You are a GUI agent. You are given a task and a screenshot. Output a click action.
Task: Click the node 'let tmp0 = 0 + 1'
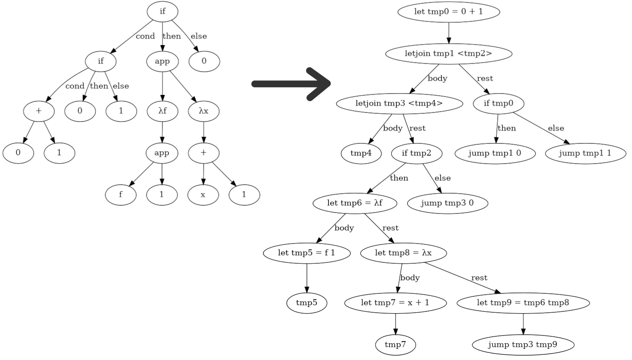(x=449, y=12)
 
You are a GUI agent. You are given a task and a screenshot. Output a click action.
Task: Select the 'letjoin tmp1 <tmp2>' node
(x=449, y=54)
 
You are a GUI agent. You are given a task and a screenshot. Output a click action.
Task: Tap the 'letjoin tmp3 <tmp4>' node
(x=399, y=104)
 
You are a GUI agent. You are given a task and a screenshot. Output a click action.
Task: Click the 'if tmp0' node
(x=498, y=104)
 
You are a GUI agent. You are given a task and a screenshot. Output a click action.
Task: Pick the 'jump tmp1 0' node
(x=495, y=153)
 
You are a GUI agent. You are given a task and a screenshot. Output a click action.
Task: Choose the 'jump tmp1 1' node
(x=585, y=153)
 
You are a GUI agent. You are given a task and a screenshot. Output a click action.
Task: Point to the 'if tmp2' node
(x=416, y=153)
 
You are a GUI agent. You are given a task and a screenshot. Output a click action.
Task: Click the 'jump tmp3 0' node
(x=447, y=203)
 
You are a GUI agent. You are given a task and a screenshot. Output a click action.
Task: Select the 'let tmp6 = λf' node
(x=355, y=203)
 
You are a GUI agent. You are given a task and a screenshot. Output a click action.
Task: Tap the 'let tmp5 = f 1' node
(x=307, y=253)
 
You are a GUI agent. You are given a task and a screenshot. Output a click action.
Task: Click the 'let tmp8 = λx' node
(x=403, y=253)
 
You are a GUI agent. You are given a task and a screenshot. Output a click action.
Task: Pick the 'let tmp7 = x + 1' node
(x=395, y=303)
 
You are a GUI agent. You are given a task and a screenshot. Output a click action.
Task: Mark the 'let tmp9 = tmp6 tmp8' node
(x=523, y=303)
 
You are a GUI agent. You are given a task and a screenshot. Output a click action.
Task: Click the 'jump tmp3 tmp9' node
(x=523, y=345)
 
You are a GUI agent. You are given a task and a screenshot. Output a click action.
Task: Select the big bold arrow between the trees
(x=292, y=84)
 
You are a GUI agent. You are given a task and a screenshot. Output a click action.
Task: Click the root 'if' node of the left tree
(x=162, y=12)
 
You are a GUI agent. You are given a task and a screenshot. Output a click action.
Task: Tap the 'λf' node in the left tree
(x=162, y=111)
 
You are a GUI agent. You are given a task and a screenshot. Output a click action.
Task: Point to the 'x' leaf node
(x=203, y=195)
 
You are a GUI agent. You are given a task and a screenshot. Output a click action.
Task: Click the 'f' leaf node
(x=121, y=195)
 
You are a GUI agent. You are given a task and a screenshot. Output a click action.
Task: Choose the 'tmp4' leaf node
(x=361, y=153)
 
